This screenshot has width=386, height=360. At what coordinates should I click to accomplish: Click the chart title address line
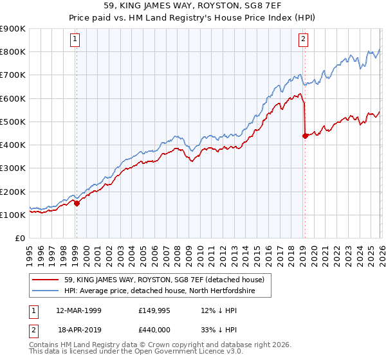[192, 6]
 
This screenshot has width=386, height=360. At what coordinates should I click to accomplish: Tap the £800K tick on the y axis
[13, 52]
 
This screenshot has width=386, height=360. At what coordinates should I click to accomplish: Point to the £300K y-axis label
[13, 168]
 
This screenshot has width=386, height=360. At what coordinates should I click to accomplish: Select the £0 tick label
[19, 239]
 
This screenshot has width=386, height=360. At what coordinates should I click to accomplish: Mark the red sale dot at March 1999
[77, 203]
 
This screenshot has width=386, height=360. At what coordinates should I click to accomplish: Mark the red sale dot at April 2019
[305, 135]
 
